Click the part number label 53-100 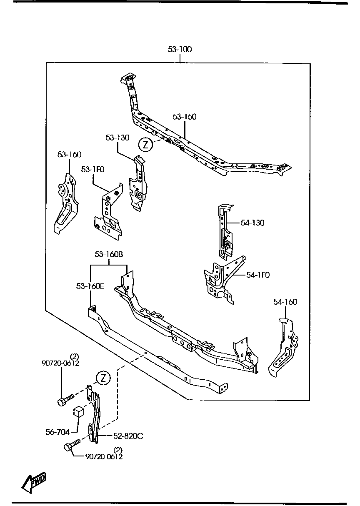[180, 50]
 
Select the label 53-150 [185, 117]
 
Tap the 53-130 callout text [117, 138]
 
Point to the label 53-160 [69, 155]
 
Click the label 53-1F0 [92, 169]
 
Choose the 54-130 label [252, 223]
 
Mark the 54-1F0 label [258, 275]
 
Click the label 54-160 [285, 302]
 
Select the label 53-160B [109, 255]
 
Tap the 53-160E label [90, 286]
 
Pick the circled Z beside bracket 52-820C [103, 378]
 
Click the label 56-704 [57, 432]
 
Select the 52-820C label [128, 436]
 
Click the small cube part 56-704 [79, 412]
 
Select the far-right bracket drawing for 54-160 [284, 348]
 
